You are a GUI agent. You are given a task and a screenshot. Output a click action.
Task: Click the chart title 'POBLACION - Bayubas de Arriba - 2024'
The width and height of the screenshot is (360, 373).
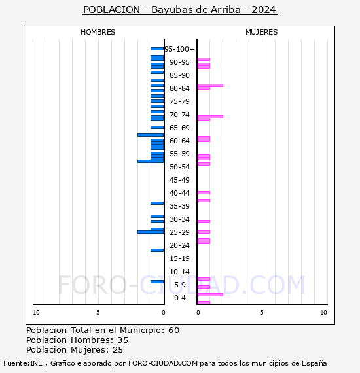[179, 10]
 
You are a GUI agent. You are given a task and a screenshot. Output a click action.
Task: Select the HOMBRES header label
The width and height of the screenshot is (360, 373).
[98, 32]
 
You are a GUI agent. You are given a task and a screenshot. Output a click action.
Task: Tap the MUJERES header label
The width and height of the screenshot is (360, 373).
[261, 32]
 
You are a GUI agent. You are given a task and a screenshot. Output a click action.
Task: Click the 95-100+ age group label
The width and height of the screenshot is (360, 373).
[180, 49]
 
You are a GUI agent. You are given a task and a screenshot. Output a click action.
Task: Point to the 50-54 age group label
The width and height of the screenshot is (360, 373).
[179, 167]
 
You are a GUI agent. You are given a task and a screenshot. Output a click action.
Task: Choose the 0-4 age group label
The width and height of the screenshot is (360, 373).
[180, 298]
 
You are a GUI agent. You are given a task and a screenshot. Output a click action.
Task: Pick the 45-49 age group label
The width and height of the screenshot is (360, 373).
[179, 180]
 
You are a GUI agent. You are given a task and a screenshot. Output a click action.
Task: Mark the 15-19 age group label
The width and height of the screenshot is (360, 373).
[179, 258]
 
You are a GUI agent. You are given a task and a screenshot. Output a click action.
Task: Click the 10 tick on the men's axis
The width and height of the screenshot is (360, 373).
[37, 313]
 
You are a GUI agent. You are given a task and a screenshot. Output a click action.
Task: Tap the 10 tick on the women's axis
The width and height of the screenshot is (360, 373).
[323, 313]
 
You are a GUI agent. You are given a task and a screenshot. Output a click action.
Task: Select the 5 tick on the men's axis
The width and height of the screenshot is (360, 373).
[98, 313]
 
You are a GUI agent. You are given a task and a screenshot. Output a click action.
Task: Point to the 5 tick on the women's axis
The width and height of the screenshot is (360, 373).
[261, 313]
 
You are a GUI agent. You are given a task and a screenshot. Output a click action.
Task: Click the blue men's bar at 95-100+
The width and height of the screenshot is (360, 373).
[157, 48]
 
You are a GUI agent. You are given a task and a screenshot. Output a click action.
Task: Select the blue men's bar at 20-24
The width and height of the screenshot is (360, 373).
[157, 250]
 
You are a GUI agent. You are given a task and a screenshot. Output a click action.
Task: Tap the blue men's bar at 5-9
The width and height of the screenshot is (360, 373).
[157, 281]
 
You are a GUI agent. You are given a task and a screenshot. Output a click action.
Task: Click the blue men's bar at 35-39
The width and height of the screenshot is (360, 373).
[157, 203]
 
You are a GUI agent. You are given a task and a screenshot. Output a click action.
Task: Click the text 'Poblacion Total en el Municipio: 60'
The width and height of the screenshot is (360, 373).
[103, 330]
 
